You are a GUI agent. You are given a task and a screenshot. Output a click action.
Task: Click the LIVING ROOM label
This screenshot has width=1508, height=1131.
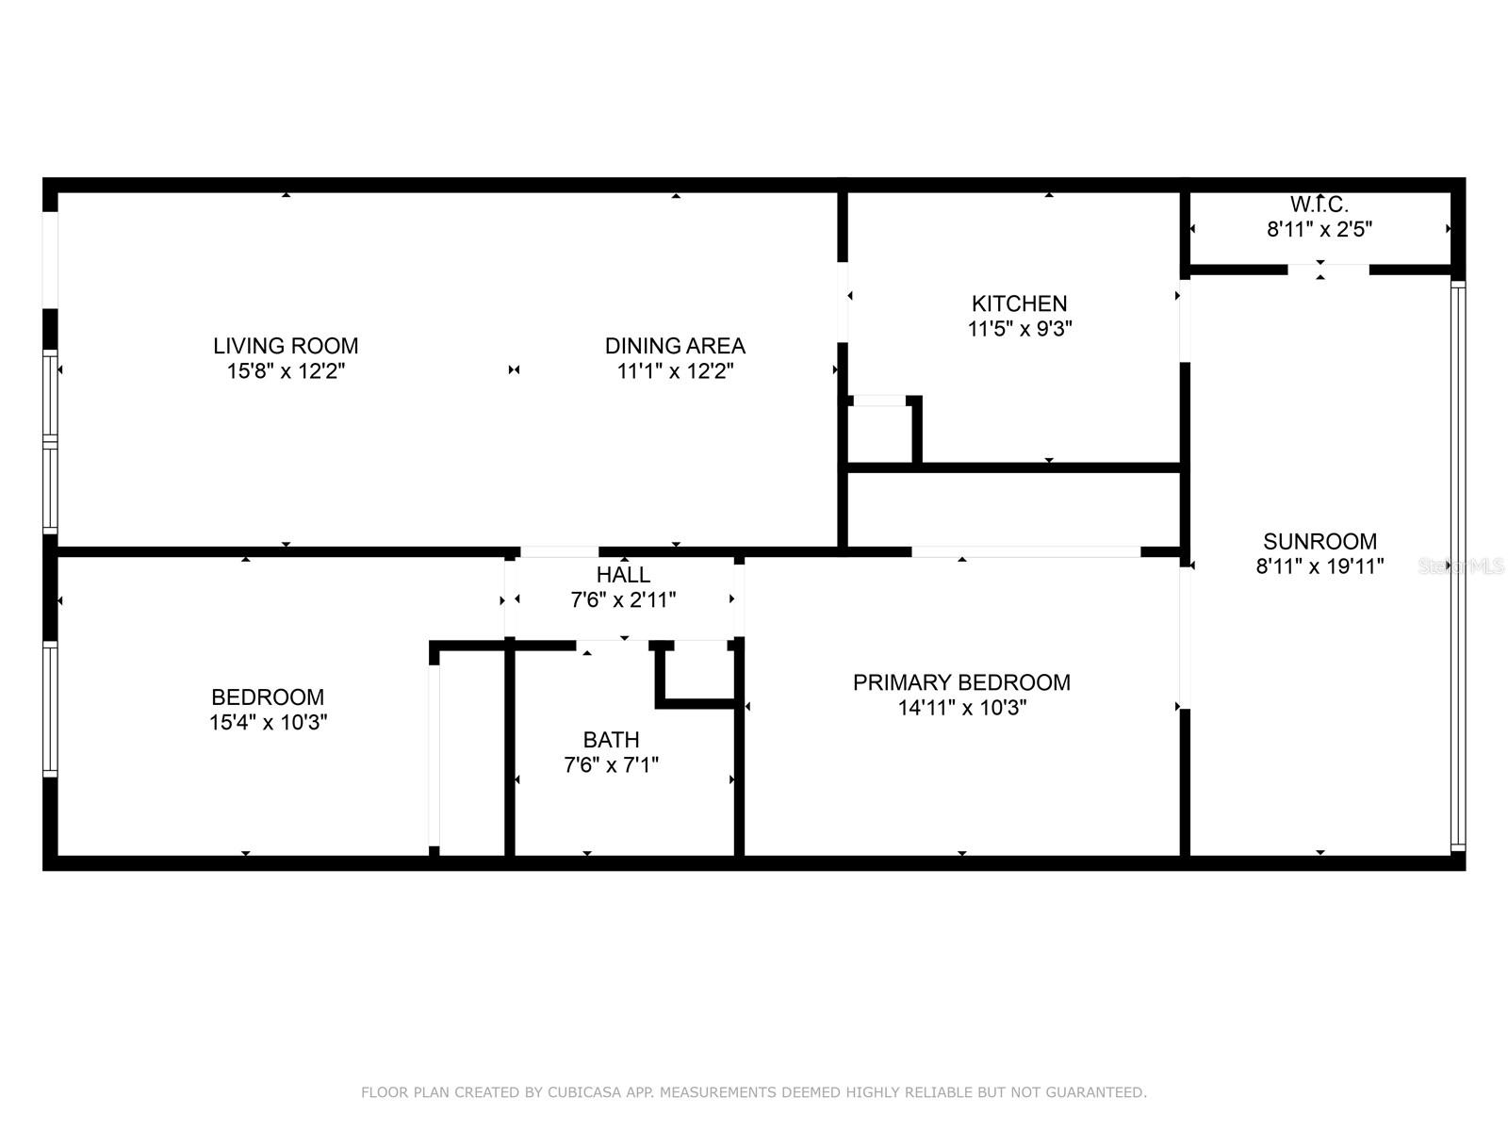pyautogui.click(x=286, y=346)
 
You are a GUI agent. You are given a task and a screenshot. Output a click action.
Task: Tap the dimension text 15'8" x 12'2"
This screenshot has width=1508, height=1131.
pyautogui.click(x=286, y=371)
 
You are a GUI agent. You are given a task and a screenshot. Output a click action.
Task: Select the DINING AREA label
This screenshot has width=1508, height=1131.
pyautogui.click(x=675, y=346)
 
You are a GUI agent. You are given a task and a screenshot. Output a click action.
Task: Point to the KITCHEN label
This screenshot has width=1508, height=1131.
pyautogui.click(x=1019, y=303)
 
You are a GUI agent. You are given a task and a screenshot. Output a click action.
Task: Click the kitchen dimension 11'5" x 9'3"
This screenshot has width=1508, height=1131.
pyautogui.click(x=1019, y=329)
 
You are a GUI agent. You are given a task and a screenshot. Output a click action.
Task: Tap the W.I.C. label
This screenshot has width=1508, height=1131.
pyautogui.click(x=1319, y=204)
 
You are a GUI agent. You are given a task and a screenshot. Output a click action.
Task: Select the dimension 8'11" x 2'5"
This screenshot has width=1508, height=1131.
pyautogui.click(x=1319, y=229)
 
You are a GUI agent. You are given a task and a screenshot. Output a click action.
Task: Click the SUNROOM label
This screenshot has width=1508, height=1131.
pyautogui.click(x=1319, y=541)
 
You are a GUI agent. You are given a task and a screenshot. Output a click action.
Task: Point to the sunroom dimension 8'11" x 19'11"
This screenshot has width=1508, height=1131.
pyautogui.click(x=1319, y=566)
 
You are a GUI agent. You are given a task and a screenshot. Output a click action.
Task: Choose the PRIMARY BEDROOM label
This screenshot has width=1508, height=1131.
pyautogui.click(x=961, y=682)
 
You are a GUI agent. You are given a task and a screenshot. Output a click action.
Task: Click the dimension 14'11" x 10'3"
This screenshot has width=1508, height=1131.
pyautogui.click(x=961, y=708)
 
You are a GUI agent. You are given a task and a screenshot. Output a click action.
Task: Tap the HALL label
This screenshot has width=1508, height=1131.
pyautogui.click(x=623, y=575)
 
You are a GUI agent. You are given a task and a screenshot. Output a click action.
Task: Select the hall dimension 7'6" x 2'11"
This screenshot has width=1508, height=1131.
pyautogui.click(x=623, y=600)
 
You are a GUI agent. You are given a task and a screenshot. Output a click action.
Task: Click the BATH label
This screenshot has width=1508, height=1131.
pyautogui.click(x=611, y=740)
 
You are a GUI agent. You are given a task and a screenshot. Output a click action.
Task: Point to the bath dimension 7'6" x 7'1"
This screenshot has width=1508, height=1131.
pyautogui.click(x=611, y=765)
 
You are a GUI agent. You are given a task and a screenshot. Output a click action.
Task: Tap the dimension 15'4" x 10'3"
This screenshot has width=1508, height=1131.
pyautogui.click(x=268, y=723)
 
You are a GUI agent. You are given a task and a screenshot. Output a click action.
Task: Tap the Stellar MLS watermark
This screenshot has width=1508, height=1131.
pyautogui.click(x=1461, y=566)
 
